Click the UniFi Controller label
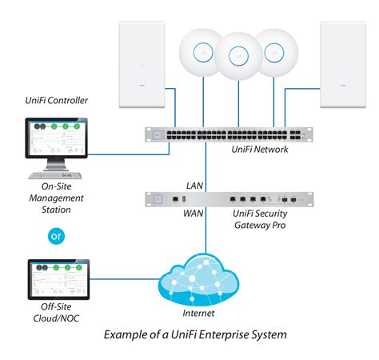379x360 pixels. [55, 102]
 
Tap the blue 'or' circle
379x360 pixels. [55, 238]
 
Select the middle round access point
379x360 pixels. [237, 56]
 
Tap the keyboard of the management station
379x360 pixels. [55, 175]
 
